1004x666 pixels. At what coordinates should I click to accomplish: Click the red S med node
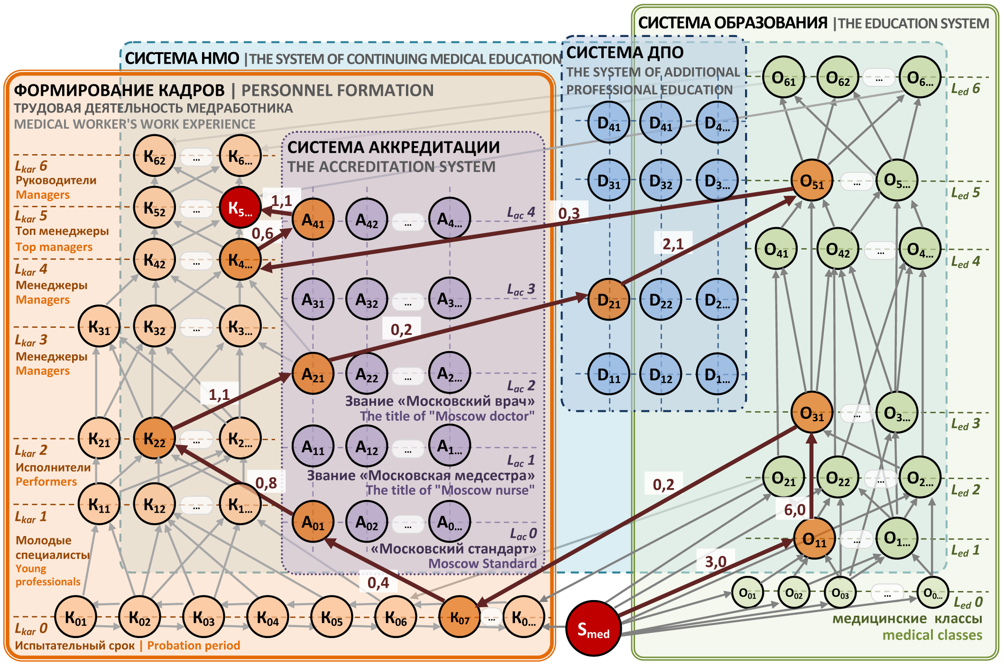[x=593, y=629]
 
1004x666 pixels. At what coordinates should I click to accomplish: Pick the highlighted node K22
[x=155, y=438]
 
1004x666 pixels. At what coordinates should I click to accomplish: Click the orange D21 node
[x=608, y=299]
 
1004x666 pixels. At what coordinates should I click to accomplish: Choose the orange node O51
[x=812, y=180]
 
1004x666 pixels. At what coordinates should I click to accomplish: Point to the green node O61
[x=783, y=77]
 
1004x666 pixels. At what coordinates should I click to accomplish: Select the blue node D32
[x=661, y=181]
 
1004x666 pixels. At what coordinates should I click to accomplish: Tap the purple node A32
[x=367, y=299]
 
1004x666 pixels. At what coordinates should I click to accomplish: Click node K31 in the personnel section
[x=99, y=326]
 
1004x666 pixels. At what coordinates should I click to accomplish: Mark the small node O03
[x=840, y=592]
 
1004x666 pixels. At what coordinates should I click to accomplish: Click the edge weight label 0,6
[x=262, y=233]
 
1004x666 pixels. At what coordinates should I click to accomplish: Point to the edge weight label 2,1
[x=673, y=244]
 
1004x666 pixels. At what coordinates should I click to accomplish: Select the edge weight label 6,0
[x=794, y=509]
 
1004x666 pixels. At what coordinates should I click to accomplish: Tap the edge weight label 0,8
[x=266, y=483]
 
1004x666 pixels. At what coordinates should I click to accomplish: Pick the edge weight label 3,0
[x=715, y=562]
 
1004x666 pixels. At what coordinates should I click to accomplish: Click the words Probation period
[x=193, y=646]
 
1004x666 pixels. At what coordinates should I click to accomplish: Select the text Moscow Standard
[x=482, y=564]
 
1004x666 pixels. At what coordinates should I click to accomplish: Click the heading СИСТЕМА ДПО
[x=625, y=52]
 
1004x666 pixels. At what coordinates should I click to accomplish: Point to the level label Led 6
[x=966, y=89]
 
